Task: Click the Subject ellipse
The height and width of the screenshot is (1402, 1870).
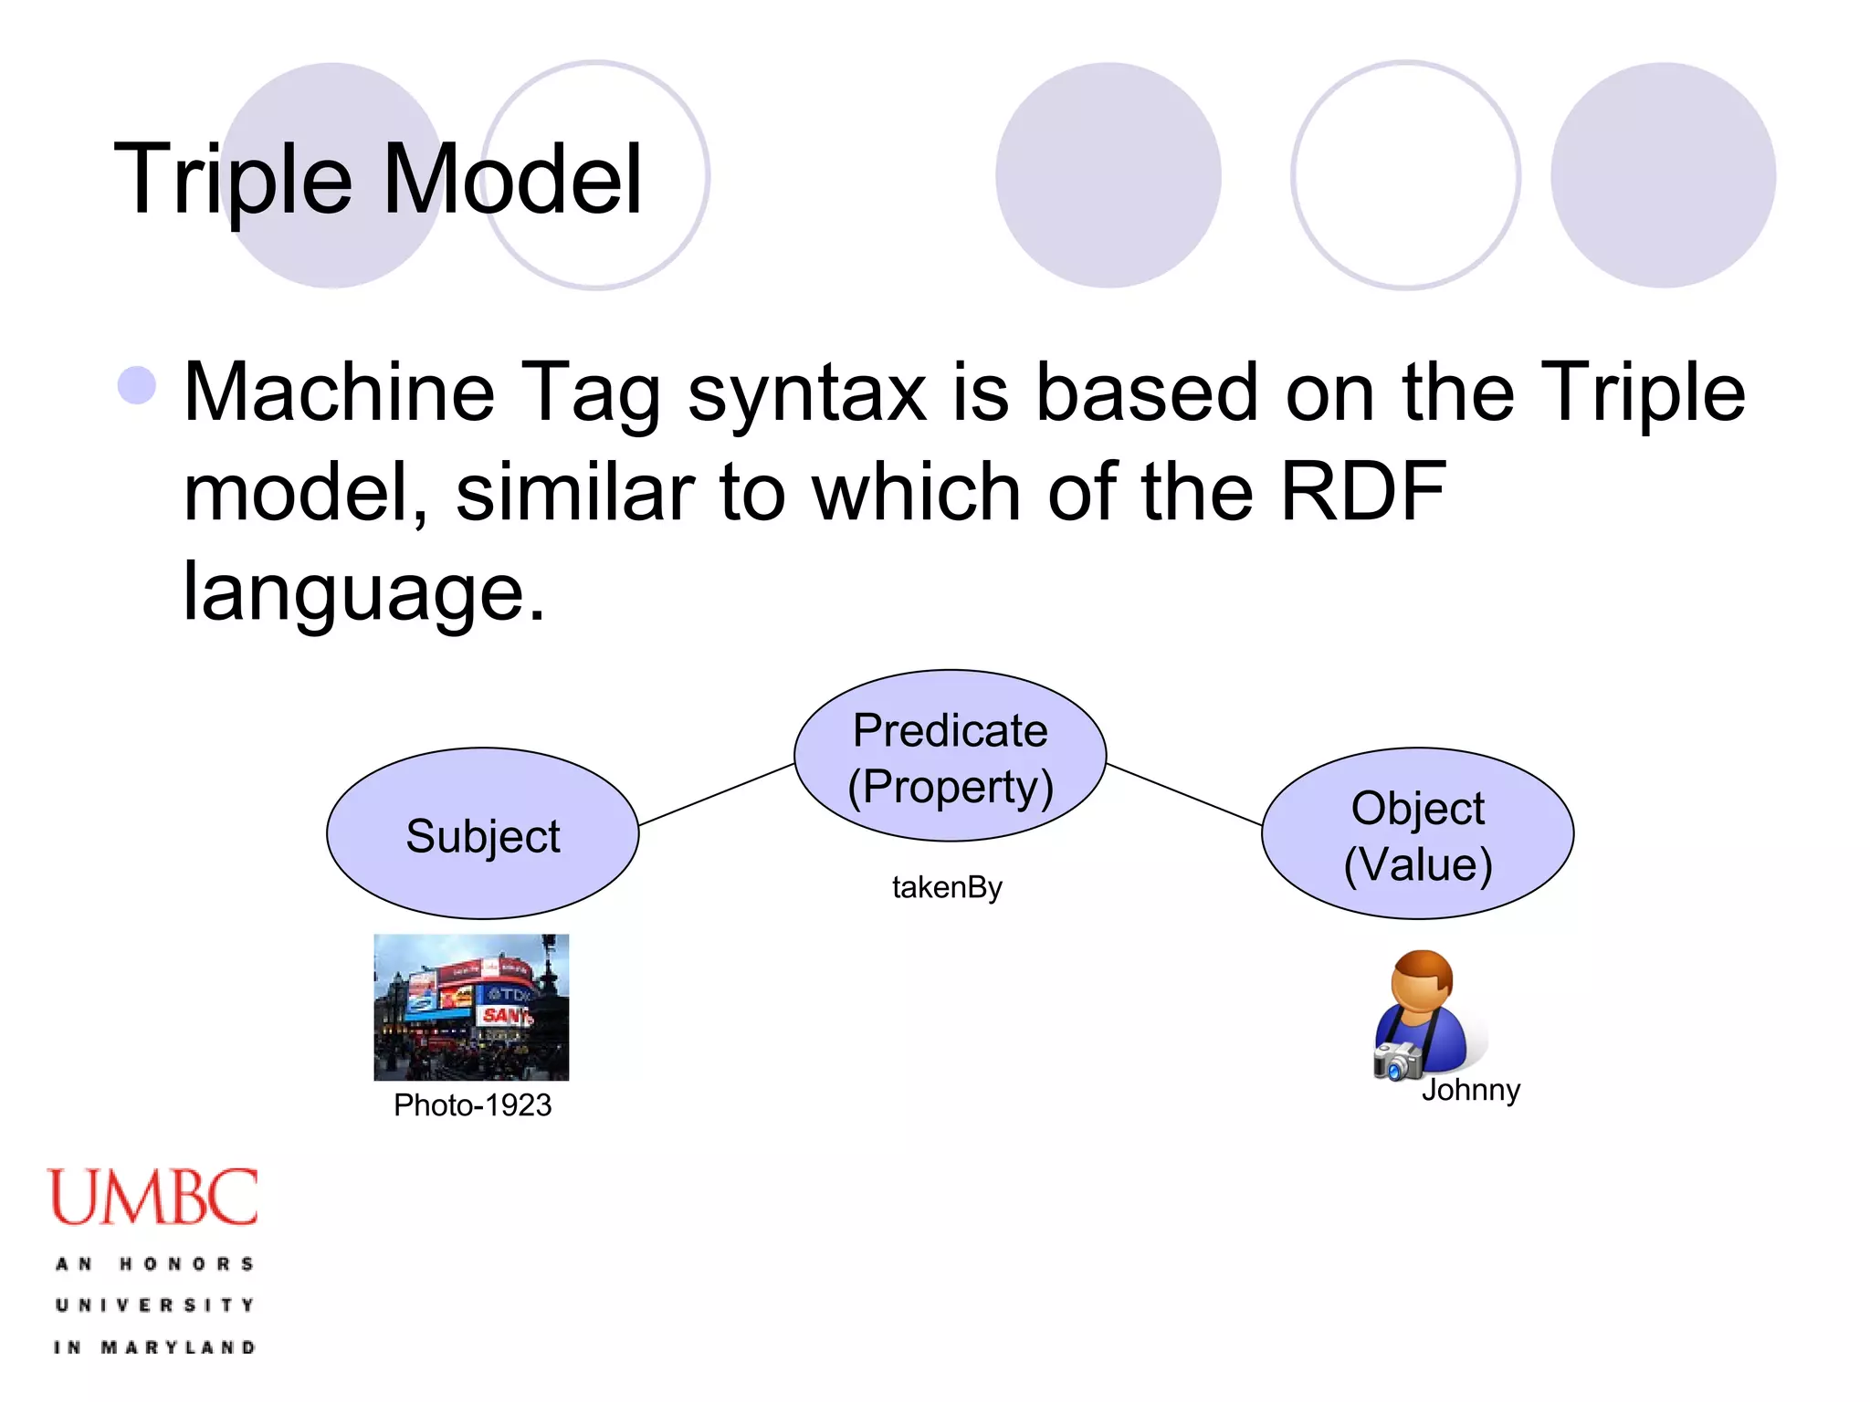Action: (482, 833)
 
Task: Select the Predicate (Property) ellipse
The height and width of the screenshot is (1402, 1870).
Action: (950, 756)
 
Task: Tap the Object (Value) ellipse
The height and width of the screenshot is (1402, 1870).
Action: (1417, 833)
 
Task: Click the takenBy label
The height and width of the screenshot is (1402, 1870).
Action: (947, 887)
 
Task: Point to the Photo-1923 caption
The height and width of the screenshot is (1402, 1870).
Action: (472, 1105)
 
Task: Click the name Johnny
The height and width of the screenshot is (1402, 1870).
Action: (1470, 1090)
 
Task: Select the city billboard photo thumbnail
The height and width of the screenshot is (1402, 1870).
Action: (471, 1007)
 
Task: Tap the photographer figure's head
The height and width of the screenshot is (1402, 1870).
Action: (1422, 980)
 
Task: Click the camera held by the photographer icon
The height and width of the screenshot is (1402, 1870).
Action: (1396, 1061)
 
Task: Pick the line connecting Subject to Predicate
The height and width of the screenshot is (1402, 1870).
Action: (716, 794)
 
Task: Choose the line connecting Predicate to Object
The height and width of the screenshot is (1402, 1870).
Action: (1184, 794)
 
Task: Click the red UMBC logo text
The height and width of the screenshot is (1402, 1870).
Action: (153, 1198)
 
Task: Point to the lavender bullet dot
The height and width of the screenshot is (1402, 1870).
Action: (137, 385)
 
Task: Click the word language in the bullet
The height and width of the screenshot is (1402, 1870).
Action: (363, 591)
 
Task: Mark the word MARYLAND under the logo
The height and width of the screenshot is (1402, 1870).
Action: (178, 1347)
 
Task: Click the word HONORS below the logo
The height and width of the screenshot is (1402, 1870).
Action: (186, 1264)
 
